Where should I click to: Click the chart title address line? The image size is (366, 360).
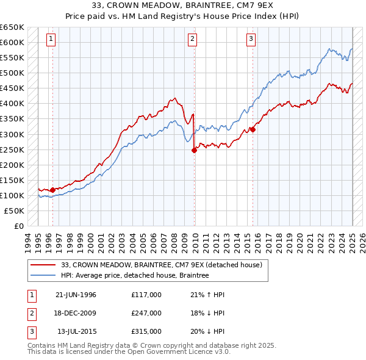182,6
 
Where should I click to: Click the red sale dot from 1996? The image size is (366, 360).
52,190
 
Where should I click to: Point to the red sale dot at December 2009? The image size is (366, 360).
195,150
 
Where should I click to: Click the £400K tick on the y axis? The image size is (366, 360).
12,104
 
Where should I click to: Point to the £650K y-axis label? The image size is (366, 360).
12,27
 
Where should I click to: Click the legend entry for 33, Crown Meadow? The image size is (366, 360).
162,265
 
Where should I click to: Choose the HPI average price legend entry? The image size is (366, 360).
135,276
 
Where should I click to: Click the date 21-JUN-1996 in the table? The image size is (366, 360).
76,295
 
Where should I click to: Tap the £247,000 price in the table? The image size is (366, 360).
146,313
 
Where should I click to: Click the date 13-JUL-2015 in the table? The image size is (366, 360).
76,331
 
